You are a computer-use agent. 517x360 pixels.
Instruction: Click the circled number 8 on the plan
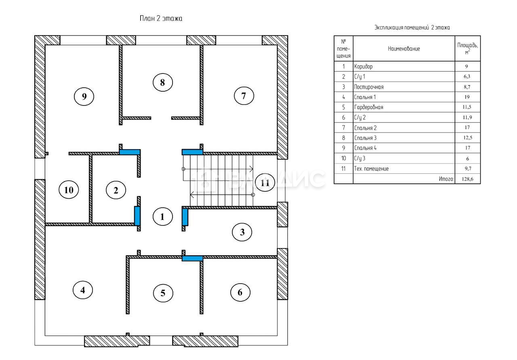click(163, 82)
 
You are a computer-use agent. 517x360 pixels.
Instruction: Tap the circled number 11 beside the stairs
click(265, 183)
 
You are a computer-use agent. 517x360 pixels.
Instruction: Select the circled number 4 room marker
click(83, 290)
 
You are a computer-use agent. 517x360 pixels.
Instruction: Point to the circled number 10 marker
click(69, 190)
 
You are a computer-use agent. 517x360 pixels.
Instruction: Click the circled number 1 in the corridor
click(163, 217)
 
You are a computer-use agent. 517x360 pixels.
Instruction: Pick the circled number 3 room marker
click(242, 232)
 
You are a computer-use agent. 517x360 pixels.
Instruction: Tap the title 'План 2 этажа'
click(161, 19)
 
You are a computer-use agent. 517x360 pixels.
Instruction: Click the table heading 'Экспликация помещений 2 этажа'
click(412, 27)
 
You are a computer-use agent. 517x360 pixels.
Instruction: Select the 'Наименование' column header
click(404, 49)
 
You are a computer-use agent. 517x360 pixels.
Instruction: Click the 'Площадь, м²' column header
click(468, 48)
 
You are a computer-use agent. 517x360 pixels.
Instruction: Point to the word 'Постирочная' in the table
click(369, 87)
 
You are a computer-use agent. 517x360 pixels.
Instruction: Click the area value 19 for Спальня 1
click(467, 97)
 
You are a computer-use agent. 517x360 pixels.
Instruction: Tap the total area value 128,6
click(468, 179)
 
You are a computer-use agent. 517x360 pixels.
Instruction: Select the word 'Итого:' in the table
click(446, 179)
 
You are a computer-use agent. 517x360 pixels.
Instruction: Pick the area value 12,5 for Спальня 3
click(468, 138)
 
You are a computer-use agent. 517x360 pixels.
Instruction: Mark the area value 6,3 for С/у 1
click(467, 76)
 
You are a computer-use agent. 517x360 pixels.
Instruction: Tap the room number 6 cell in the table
click(343, 118)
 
